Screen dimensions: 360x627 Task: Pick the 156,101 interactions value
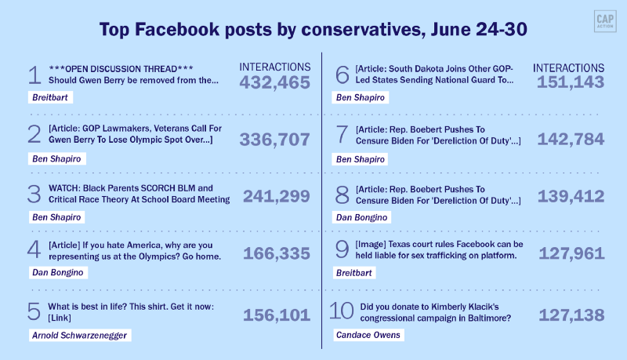[277, 315]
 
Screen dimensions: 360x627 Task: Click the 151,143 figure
[571, 82]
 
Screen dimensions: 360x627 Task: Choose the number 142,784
[571, 140]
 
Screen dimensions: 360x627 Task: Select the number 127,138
[571, 315]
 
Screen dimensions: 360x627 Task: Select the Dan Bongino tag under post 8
[361, 216]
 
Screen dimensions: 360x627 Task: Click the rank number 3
[34, 194]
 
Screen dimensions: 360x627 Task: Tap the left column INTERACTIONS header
[274, 67]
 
